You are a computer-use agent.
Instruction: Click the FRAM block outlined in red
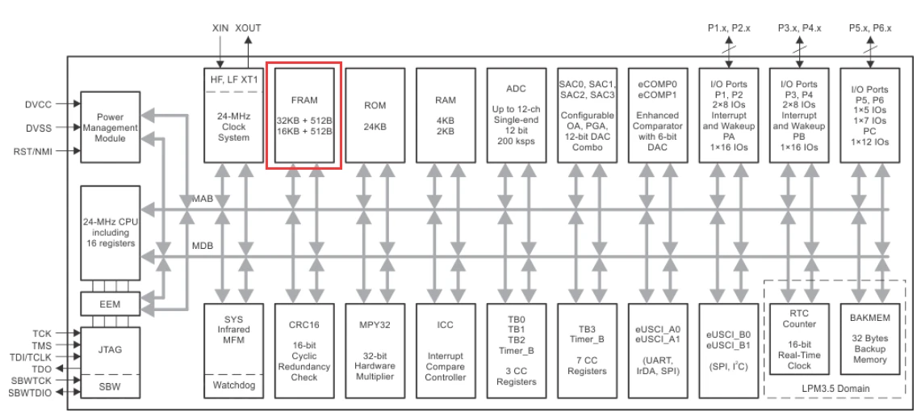(x=304, y=115)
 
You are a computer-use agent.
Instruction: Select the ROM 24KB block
(x=375, y=115)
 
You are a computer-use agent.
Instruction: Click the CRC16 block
(x=304, y=349)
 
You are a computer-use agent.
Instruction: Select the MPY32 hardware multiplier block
(x=375, y=349)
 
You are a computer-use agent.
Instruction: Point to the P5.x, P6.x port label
(x=869, y=27)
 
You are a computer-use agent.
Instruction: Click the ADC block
(x=517, y=115)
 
